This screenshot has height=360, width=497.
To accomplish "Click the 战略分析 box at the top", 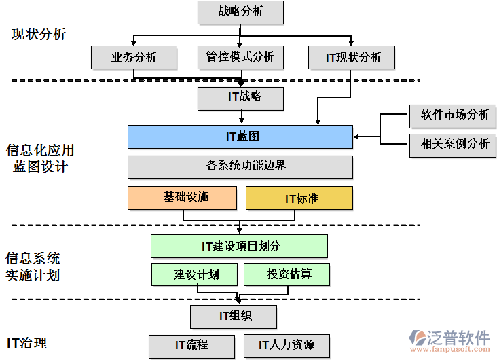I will tap(240, 12).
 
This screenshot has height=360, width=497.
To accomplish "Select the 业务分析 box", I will tap(134, 58).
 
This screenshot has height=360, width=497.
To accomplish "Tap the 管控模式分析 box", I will tap(240, 58).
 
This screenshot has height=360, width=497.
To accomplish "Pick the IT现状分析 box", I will tap(353, 58).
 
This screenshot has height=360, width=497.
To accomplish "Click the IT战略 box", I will tap(240, 97).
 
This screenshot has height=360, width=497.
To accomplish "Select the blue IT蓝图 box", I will tap(240, 137).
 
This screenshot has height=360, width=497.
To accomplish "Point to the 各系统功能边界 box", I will tap(240, 166).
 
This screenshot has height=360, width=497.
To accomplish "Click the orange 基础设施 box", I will tap(182, 198).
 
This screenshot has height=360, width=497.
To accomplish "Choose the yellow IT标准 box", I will tap(299, 198).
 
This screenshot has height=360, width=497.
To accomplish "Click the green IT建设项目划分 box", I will tap(239, 246).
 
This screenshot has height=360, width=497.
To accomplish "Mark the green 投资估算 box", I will tap(287, 274).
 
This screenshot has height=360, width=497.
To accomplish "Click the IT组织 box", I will tap(234, 316).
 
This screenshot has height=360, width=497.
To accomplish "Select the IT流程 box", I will tap(191, 345).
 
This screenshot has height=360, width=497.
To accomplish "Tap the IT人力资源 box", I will tap(286, 345).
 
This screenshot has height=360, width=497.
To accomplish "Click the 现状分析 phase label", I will tap(39, 34).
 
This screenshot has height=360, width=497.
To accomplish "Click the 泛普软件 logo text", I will tap(458, 338).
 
